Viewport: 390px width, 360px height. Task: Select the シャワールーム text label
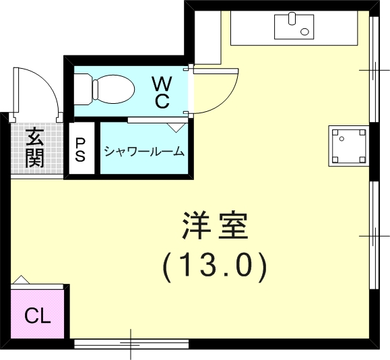point(143,151)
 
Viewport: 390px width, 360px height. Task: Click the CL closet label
point(38,316)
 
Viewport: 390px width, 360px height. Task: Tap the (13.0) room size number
point(216,266)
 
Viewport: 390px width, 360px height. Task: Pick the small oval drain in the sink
point(306,30)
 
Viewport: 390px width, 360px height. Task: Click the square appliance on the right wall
point(348,146)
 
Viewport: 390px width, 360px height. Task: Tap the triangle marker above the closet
point(22,279)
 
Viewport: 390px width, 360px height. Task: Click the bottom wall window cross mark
point(130,344)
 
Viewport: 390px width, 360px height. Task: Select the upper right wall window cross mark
point(372,70)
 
